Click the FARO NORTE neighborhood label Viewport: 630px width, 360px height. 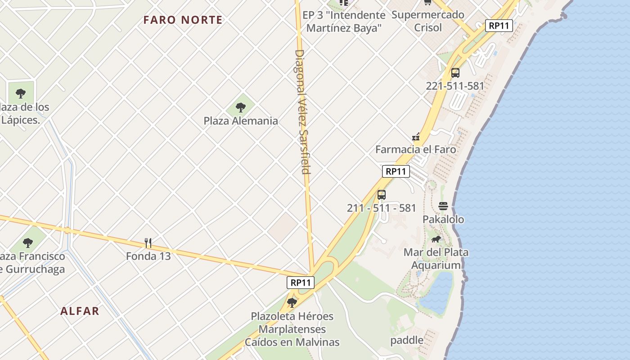coord(183,20)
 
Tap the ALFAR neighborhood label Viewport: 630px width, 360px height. coord(80,311)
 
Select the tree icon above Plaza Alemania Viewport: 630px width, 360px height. coord(241,107)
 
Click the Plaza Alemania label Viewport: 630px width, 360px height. coord(241,121)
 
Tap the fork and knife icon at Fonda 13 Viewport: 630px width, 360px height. coord(148,243)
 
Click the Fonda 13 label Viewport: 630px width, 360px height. coord(148,256)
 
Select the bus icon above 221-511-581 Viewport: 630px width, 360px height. coord(455,73)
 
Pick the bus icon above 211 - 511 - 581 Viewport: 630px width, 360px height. coord(382,195)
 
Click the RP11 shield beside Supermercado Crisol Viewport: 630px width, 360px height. coord(499,26)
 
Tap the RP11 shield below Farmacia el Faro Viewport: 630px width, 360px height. coord(396,171)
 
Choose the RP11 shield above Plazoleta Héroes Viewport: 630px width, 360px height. coord(301,283)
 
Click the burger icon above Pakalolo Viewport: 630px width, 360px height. coord(443,206)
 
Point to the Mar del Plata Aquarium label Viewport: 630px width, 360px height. coord(436,258)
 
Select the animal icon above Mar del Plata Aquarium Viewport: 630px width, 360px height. coord(436,239)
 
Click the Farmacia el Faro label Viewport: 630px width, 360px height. coord(415,149)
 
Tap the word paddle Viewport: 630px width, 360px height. coord(407,340)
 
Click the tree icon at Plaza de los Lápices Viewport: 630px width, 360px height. coord(20,94)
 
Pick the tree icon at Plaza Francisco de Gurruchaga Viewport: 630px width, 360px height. coord(28,243)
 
